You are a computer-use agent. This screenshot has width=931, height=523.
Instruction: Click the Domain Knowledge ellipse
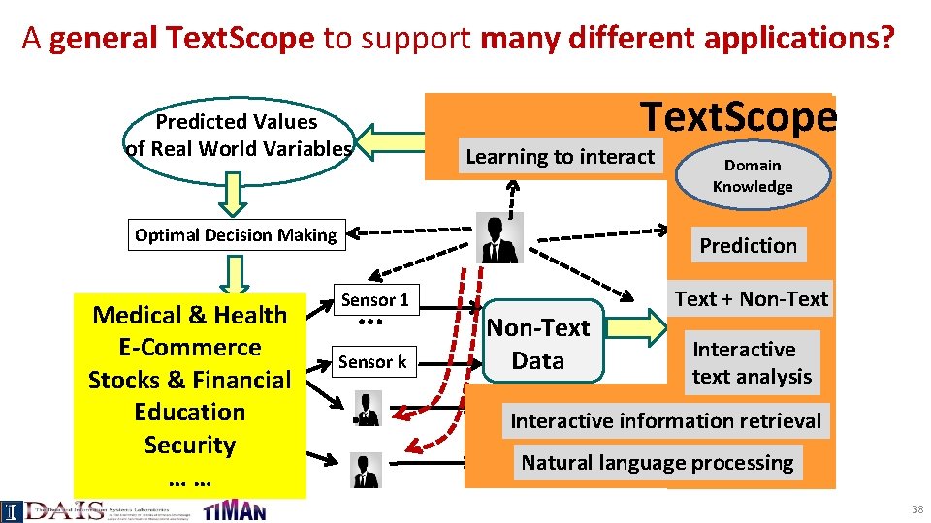753,175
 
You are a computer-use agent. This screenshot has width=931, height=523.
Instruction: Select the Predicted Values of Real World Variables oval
238,136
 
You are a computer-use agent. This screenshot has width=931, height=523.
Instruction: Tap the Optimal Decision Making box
236,235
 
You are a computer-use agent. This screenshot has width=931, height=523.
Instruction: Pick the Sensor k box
373,362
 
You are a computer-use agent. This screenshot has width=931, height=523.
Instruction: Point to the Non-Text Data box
537,344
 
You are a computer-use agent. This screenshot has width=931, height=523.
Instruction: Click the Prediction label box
748,246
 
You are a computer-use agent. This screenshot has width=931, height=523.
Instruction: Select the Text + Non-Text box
752,299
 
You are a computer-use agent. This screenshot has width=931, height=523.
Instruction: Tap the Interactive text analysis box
752,362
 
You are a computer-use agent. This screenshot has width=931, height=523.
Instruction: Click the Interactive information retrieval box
665,421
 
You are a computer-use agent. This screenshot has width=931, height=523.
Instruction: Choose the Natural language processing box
658,463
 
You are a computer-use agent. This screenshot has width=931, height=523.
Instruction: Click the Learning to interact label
560,157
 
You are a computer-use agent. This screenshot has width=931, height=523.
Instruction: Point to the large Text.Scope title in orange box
740,117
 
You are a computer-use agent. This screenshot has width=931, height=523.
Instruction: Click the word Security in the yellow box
190,446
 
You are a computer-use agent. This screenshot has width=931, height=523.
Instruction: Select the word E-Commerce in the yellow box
190,348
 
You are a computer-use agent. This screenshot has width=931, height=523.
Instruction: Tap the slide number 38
916,509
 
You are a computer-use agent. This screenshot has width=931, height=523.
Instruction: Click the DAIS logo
58,510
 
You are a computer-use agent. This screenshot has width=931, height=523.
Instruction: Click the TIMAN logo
235,509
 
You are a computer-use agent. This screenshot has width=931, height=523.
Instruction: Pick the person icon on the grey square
500,238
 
